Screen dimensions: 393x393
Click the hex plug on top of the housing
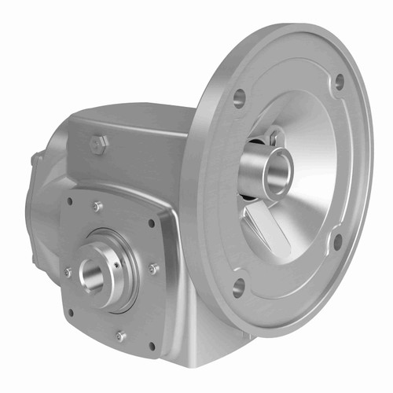coord(99,144)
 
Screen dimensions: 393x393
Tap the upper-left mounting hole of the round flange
coord(240,97)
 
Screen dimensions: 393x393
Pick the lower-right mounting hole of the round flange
coord(337,241)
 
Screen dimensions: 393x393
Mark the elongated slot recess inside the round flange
coord(265,229)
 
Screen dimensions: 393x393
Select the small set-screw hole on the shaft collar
coord(117,265)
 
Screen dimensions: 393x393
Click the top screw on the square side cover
coord(97,207)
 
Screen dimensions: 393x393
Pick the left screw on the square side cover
coord(68,272)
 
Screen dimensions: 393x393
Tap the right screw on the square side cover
coord(153,270)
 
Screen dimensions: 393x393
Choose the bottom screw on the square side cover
coord(119,336)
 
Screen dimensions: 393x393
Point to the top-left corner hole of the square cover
coord(70,201)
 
